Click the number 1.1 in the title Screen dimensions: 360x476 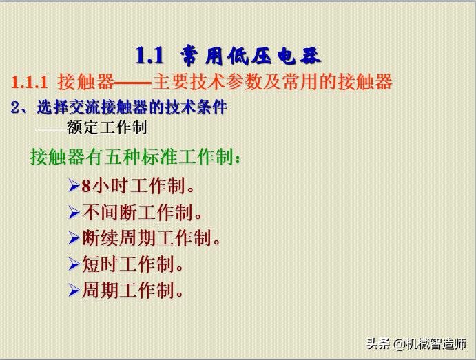(149, 54)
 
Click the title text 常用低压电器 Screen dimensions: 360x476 (251, 55)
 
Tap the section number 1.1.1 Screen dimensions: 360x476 (29, 83)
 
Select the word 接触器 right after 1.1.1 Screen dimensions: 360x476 (85, 83)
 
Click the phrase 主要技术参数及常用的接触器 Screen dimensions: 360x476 (271, 83)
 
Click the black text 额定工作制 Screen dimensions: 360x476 (107, 127)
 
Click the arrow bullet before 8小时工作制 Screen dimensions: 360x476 (74, 185)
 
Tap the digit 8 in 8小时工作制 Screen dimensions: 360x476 (86, 186)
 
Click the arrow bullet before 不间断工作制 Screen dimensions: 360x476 (74, 212)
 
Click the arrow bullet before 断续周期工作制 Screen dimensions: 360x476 (74, 238)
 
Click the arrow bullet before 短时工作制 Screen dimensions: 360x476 (74, 264)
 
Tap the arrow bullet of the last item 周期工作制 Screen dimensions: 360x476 (74, 290)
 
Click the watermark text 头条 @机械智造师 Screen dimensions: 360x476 (416, 343)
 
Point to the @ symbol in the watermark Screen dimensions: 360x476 (399, 343)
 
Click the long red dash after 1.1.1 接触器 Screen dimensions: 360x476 (132, 83)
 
